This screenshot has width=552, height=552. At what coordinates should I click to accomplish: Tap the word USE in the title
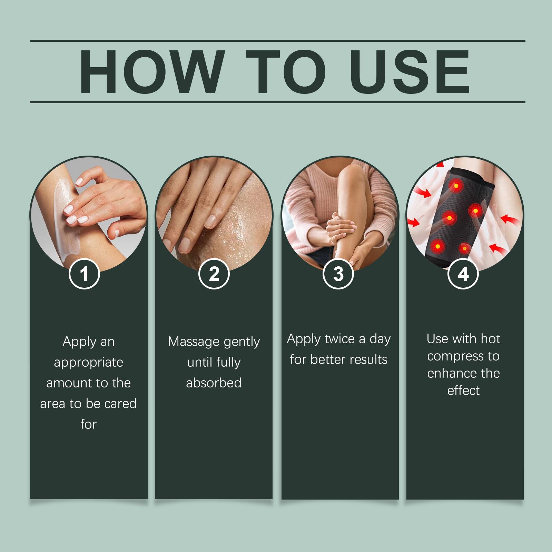click(409, 72)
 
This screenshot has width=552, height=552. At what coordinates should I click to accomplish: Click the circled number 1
click(85, 274)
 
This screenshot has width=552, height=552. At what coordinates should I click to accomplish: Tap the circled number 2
click(214, 274)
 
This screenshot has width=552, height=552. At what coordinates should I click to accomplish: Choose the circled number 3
click(338, 274)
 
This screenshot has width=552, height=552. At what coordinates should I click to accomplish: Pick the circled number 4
click(463, 274)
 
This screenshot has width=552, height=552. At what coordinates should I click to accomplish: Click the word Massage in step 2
click(194, 342)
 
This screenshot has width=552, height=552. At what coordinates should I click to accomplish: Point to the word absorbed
click(214, 383)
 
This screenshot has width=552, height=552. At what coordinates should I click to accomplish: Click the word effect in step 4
click(463, 391)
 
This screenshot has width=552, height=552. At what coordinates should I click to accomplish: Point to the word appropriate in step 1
click(89, 363)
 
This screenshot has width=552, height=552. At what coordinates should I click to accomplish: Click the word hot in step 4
click(490, 339)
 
